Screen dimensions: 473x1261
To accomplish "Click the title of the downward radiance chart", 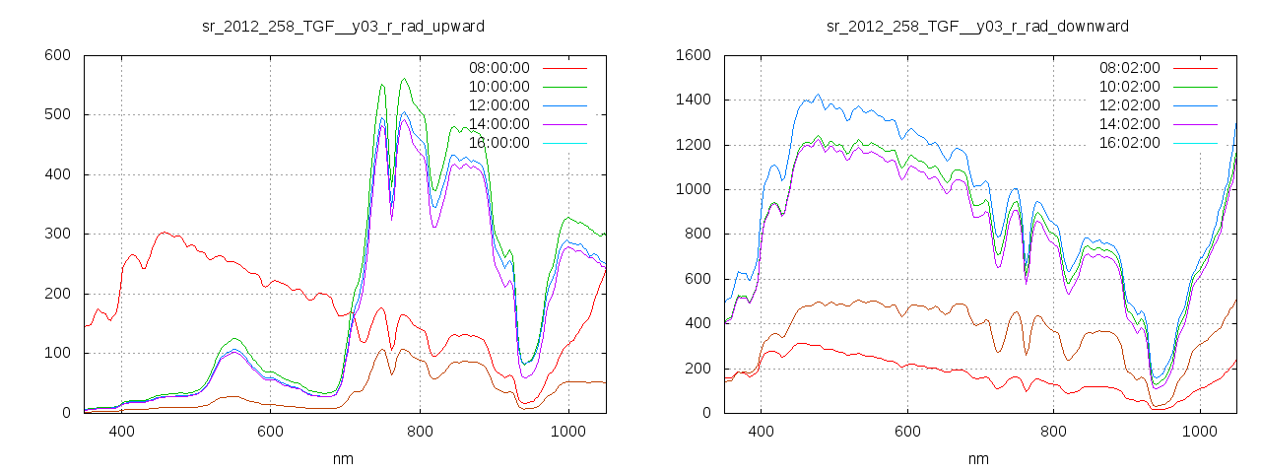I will click(977, 26).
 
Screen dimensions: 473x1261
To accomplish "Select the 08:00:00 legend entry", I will click(498, 68).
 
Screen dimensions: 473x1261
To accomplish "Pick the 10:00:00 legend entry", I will click(498, 87).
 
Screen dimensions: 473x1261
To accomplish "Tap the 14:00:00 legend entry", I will click(498, 124).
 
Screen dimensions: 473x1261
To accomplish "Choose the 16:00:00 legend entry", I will click(498, 143).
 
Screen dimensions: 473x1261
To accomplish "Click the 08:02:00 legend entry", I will click(1130, 68).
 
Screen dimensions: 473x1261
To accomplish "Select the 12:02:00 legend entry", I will click(1130, 105).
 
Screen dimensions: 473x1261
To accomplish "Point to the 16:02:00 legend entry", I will click(1130, 143).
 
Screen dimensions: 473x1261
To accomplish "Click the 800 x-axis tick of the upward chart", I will click(420, 432).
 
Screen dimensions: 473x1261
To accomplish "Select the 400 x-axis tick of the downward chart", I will click(761, 432).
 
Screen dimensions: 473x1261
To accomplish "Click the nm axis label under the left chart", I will click(344, 458).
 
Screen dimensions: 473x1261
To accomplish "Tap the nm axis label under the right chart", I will click(977, 458).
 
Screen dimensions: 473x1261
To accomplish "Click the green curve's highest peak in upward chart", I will click(404, 79).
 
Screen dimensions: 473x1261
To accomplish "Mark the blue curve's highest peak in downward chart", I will click(818, 95).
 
